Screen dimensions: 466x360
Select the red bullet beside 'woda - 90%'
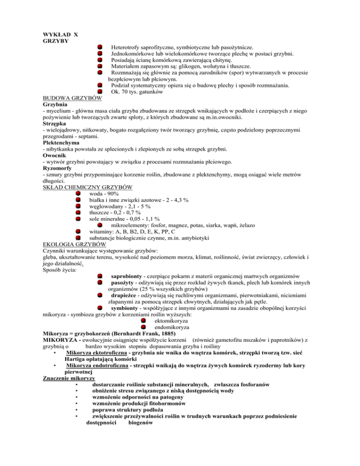78,194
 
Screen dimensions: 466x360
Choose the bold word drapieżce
127,295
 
